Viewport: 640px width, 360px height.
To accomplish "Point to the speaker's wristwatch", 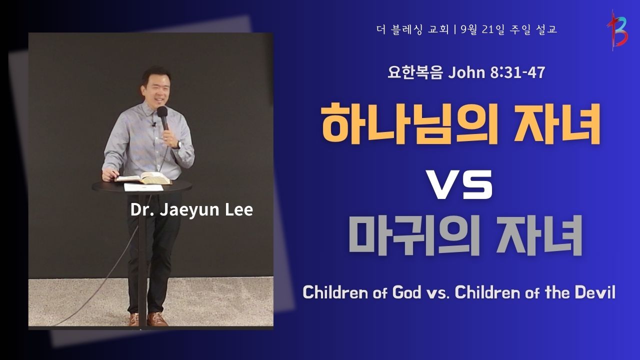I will (179, 145).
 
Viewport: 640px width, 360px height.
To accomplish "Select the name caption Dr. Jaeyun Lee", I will (191, 210).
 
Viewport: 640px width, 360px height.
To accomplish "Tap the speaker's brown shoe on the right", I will (157, 319).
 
